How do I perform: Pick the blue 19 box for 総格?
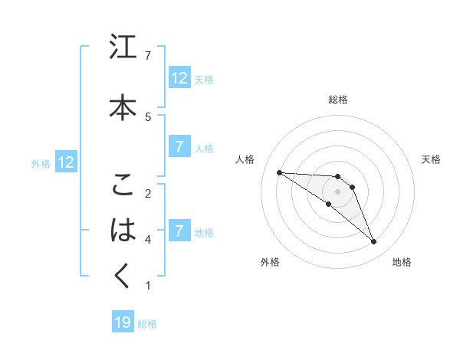(123, 322)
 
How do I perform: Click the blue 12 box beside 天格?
(179, 78)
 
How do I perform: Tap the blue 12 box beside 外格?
(66, 162)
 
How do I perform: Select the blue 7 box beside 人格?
(179, 148)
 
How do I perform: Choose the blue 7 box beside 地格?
(179, 231)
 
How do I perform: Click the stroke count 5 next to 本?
(148, 116)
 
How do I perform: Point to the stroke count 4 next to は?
(148, 239)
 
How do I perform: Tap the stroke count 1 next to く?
(148, 286)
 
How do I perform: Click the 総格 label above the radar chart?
(337, 100)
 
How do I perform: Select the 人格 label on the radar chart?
(245, 159)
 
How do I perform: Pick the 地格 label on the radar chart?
(402, 262)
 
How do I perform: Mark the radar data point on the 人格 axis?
(279, 172)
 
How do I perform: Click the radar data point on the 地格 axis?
(374, 242)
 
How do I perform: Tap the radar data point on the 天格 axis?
(352, 187)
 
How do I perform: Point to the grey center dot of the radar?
(337, 191)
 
